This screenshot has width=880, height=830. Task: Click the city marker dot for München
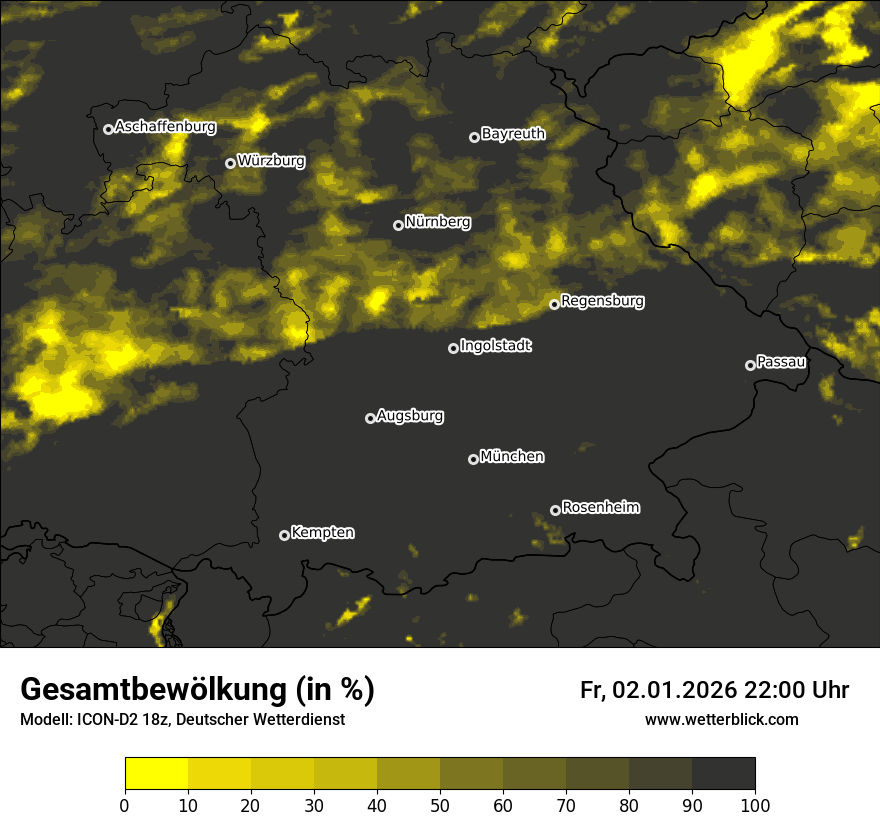[x=473, y=459]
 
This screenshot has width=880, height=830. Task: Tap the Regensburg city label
[x=602, y=301]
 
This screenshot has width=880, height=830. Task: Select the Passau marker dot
[x=750, y=365]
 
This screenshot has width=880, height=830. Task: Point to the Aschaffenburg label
[x=165, y=127]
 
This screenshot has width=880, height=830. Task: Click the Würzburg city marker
[x=230, y=163]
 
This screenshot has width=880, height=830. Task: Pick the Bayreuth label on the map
[x=513, y=134]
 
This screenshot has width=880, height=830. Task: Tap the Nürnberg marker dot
[x=398, y=225]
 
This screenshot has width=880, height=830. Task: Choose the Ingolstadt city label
[x=496, y=346]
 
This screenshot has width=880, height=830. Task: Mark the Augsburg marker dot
[x=370, y=418]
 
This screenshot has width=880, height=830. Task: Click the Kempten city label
[x=322, y=533]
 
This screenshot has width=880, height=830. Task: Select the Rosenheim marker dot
[x=555, y=511]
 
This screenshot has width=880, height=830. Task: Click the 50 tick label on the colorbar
[x=440, y=805]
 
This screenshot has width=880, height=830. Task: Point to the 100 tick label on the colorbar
[x=755, y=805]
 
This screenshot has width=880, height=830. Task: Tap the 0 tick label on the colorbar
[x=125, y=805]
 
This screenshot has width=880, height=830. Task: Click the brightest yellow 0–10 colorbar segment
[x=157, y=774]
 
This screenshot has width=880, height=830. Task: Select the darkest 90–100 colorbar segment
[x=723, y=774]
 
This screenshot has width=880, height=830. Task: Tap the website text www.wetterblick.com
[x=722, y=719]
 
